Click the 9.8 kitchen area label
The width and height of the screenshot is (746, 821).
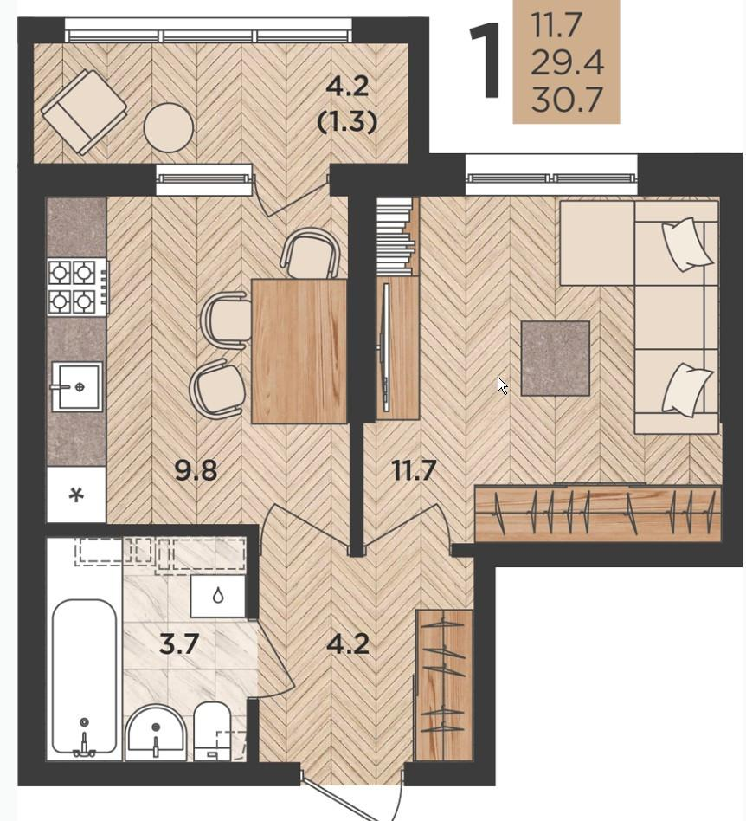pos(196,471)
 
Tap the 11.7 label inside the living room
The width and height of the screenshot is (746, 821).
pos(414,471)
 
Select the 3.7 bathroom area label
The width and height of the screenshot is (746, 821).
pos(179,643)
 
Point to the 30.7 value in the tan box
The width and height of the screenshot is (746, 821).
pos(568,100)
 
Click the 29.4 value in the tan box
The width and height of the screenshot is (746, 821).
pos(568,62)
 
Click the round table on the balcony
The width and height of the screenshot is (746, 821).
pos(169,128)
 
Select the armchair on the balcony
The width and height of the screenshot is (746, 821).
pos(84,112)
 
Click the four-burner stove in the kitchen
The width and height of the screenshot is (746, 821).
pos(77,287)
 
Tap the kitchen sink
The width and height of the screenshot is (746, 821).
pos(77,386)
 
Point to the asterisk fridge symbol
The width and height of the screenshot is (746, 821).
pos(77,495)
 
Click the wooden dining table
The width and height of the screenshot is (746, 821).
pos(299,351)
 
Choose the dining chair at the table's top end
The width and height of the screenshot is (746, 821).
pos(311,253)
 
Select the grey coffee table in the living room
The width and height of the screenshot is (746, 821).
pos(555,359)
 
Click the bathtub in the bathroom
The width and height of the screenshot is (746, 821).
pos(84,677)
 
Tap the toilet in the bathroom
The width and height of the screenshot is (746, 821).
pos(212,731)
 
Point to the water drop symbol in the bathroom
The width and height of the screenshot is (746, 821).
pos(217,595)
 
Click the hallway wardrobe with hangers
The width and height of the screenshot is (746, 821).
pos(444,684)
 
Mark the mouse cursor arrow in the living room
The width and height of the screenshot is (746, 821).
pos(502,386)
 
